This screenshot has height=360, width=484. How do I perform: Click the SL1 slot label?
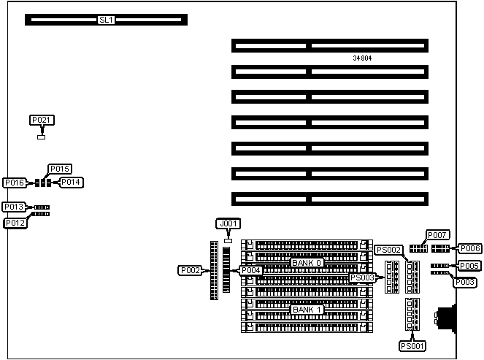pyautogui.click(x=106, y=20)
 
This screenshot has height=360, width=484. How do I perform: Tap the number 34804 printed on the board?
pyautogui.click(x=362, y=58)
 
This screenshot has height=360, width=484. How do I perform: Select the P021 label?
pyautogui.click(x=42, y=120)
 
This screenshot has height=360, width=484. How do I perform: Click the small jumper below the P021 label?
pyautogui.click(x=42, y=135)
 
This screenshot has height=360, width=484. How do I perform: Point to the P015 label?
pyautogui.click(x=60, y=169)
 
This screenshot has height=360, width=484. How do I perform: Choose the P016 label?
pyautogui.click(x=15, y=183)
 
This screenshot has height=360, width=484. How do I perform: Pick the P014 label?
pyautogui.click(x=71, y=182)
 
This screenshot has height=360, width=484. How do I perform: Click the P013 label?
pyautogui.click(x=14, y=207)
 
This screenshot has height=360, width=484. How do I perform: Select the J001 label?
pyautogui.click(x=228, y=223)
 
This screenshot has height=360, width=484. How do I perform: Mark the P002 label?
pyautogui.click(x=190, y=270)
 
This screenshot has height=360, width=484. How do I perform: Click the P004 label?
pyautogui.click(x=250, y=270)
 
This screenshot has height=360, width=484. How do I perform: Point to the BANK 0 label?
pyautogui.click(x=307, y=262)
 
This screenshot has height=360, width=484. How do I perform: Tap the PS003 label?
pyautogui.click(x=362, y=277)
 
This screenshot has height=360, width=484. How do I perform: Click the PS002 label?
pyautogui.click(x=388, y=250)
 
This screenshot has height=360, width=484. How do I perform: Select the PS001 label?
pyautogui.click(x=412, y=345)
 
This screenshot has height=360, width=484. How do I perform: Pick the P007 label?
pyautogui.click(x=437, y=235)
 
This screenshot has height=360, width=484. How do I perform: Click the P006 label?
pyautogui.click(x=469, y=248)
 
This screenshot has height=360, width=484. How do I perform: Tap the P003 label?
pyautogui.click(x=466, y=282)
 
